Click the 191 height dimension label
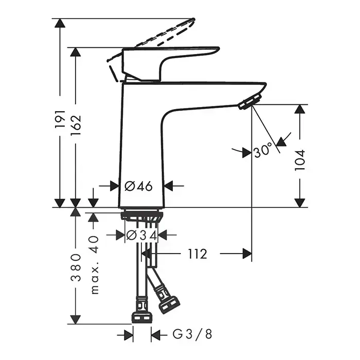[x=60, y=119]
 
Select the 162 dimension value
[x=76, y=125]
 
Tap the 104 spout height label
[x=300, y=160]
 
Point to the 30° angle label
[x=263, y=150]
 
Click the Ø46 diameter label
[x=138, y=186]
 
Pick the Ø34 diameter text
[x=141, y=235]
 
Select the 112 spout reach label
[x=197, y=254]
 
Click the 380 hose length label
[x=76, y=267]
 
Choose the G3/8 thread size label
[x=192, y=334]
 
